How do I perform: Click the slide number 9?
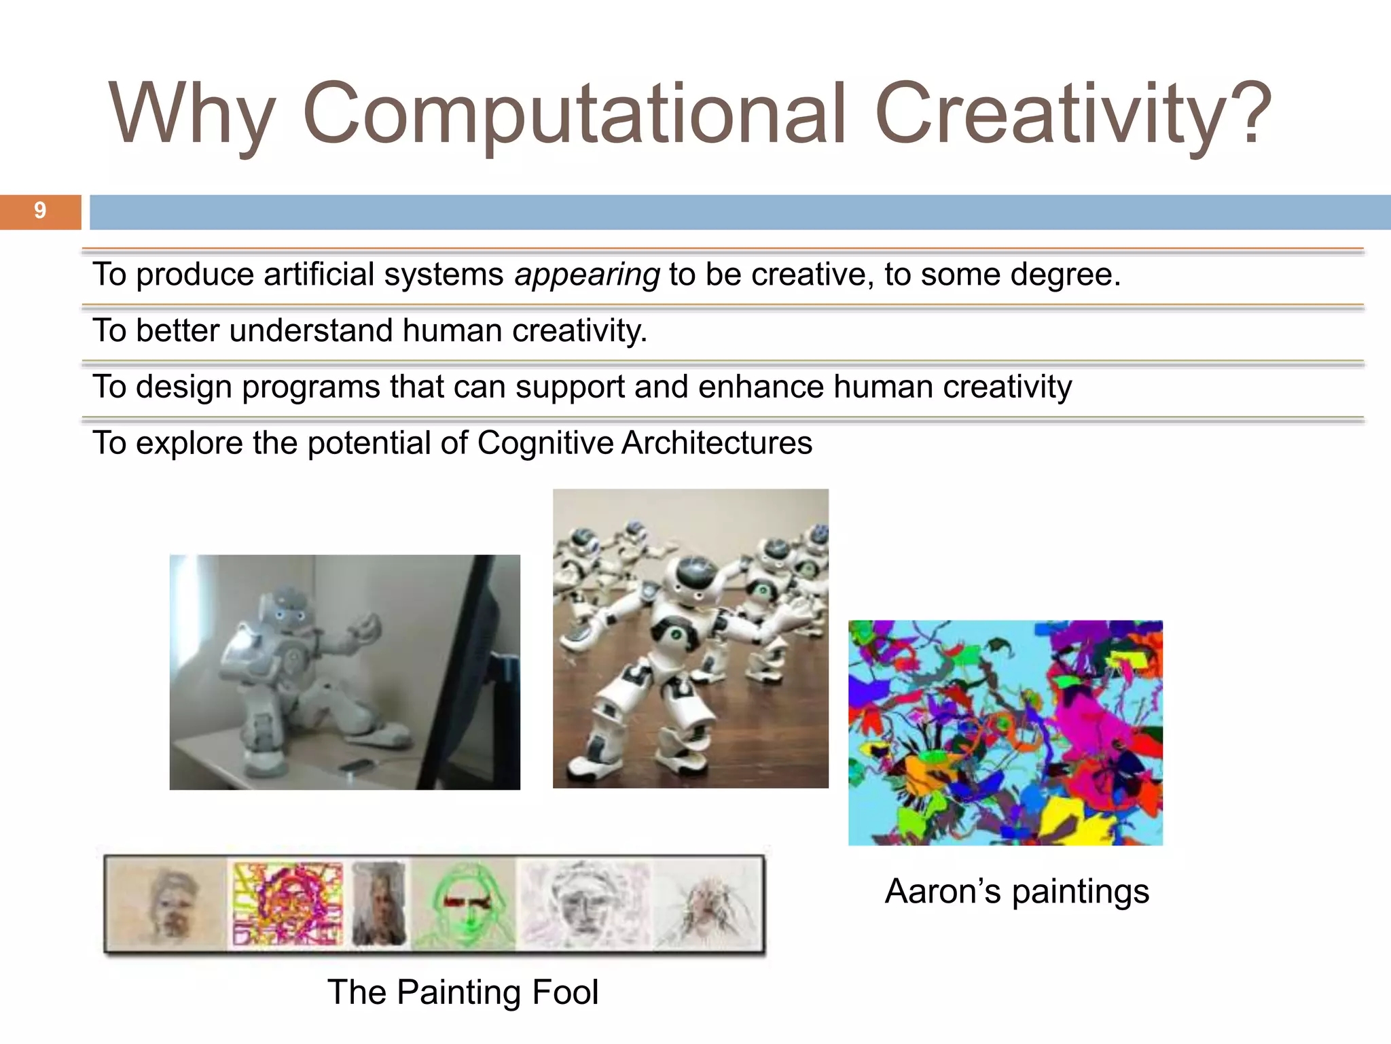pyautogui.click(x=40, y=211)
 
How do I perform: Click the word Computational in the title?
pyautogui.click(x=574, y=114)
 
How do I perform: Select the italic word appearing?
pyautogui.click(x=587, y=275)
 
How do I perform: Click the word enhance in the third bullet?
pyautogui.click(x=761, y=387)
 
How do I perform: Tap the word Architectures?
pyautogui.click(x=717, y=443)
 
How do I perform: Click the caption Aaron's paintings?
pyautogui.click(x=1017, y=891)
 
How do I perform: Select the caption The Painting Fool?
pyautogui.click(x=463, y=992)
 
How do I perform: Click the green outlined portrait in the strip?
pyautogui.click(x=464, y=905)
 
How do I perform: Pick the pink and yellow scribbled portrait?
pyautogui.click(x=287, y=905)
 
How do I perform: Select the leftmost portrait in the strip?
pyautogui.click(x=167, y=905)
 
